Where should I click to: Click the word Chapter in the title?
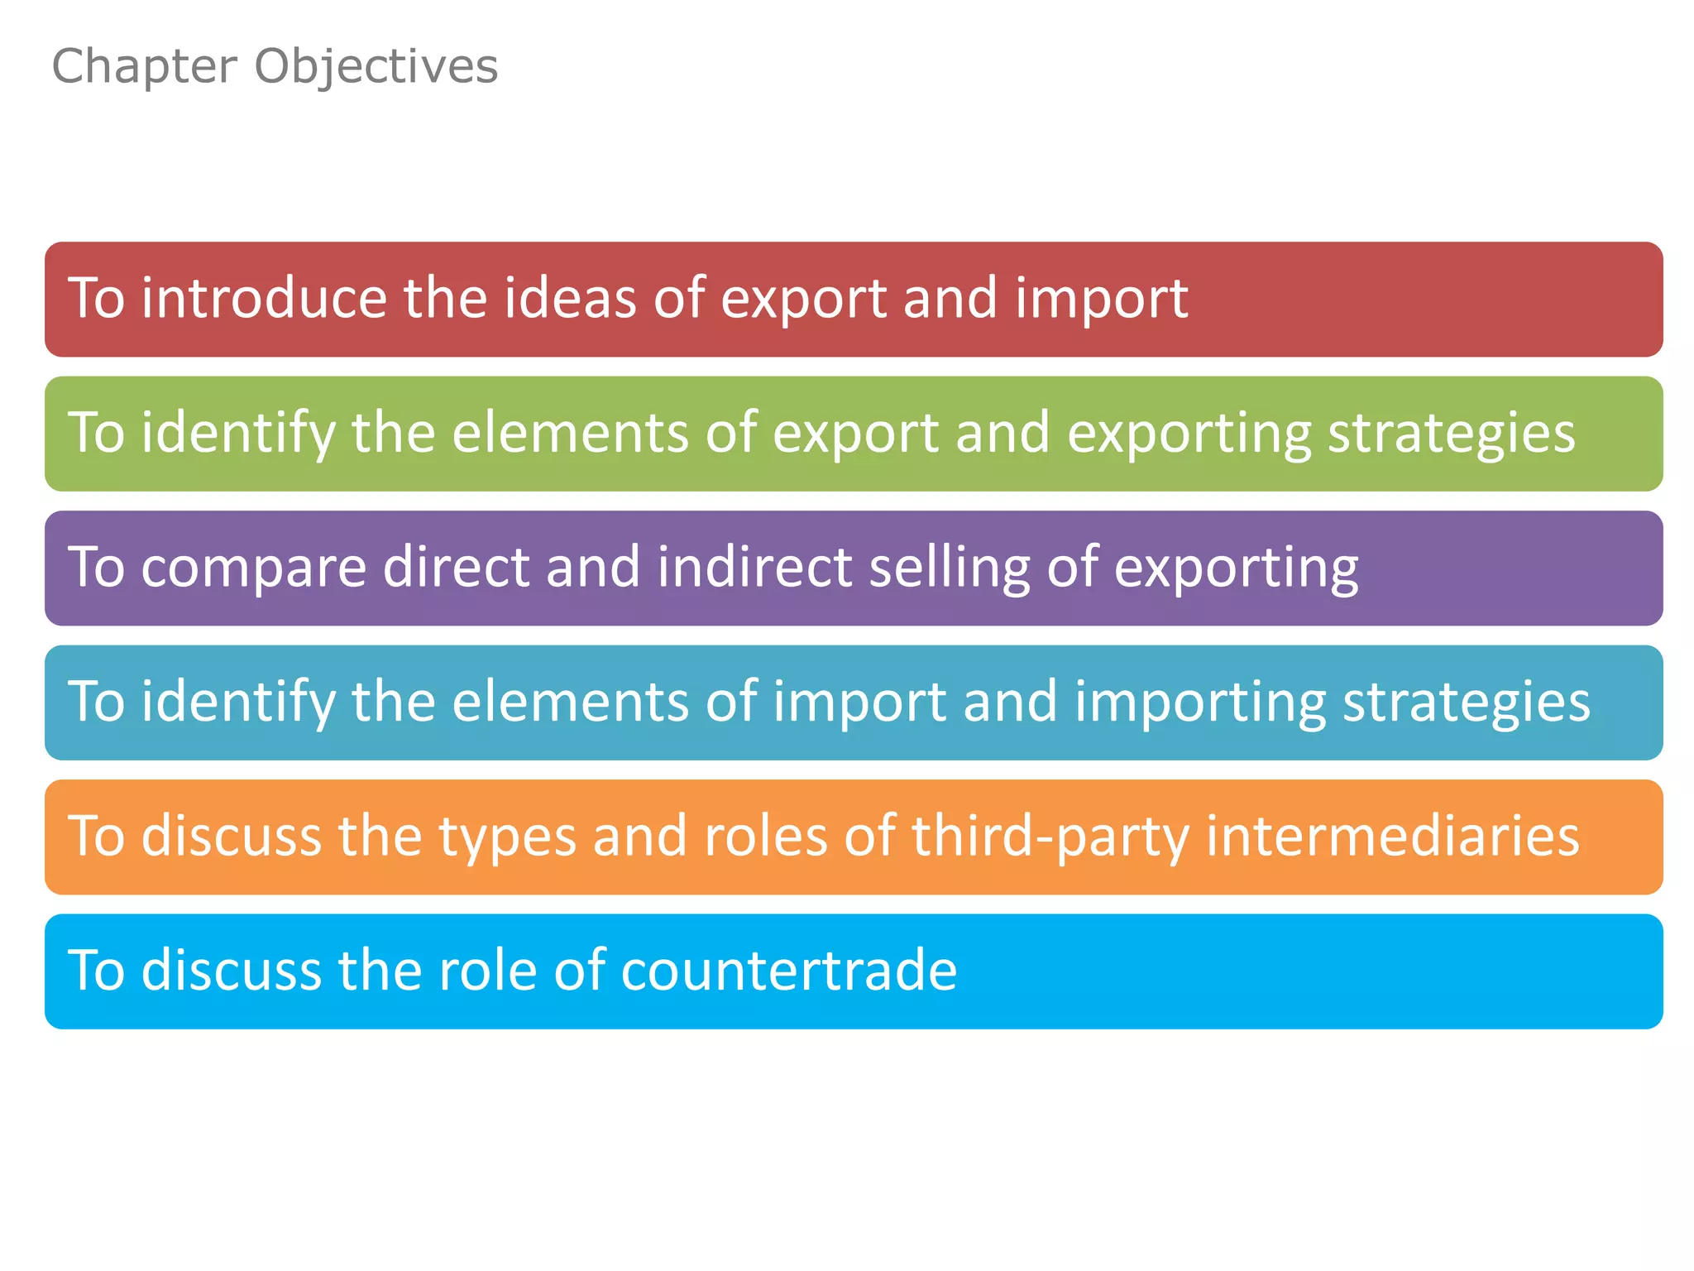[x=145, y=66]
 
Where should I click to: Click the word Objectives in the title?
[x=376, y=66]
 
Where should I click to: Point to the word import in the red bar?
[x=1101, y=300]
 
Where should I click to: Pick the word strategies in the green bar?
[x=1452, y=434]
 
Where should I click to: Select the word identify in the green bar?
[x=237, y=434]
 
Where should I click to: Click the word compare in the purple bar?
[x=253, y=568]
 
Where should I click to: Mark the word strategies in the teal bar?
[x=1466, y=703]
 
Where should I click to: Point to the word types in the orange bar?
[x=506, y=837]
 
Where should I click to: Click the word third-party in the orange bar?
[x=1050, y=837]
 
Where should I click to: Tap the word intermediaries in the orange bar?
[x=1393, y=836]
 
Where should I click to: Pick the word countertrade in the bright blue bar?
[x=788, y=971]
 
